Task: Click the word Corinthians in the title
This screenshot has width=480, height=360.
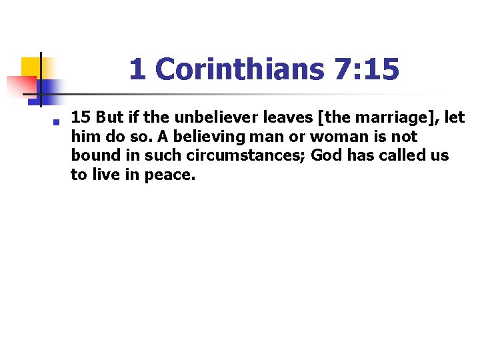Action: [x=239, y=69]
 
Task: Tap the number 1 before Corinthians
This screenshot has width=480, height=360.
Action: [x=138, y=69]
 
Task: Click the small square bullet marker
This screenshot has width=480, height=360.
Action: [x=58, y=121]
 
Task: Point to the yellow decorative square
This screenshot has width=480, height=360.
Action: [x=31, y=66]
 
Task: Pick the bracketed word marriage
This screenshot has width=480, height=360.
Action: [x=387, y=118]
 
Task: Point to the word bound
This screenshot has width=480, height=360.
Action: [x=92, y=155]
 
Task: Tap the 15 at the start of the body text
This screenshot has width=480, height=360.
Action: [x=81, y=118]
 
